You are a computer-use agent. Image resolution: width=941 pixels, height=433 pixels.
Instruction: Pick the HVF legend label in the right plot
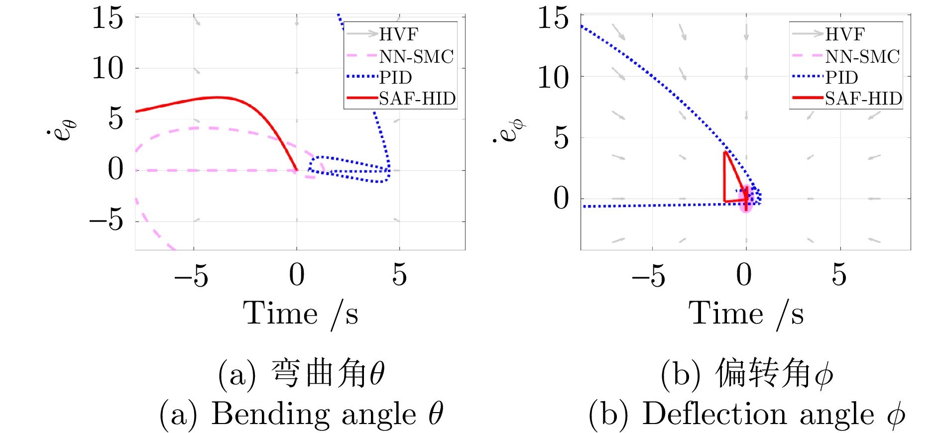pos(844,34)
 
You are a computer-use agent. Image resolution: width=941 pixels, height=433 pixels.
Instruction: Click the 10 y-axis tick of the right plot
pos(553,77)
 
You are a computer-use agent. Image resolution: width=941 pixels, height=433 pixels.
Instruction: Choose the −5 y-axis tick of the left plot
pos(107,219)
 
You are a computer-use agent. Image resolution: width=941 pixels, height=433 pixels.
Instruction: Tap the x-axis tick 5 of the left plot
pos(399,274)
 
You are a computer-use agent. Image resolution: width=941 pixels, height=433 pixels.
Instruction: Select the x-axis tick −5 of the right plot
pos(648,275)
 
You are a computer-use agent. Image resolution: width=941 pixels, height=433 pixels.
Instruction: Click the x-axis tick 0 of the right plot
pos(744,274)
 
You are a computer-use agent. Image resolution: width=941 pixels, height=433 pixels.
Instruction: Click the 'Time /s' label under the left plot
pos(300,314)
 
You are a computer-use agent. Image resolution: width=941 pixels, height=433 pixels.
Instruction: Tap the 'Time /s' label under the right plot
pos(746,314)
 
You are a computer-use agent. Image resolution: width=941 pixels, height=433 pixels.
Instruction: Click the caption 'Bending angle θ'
pos(301,414)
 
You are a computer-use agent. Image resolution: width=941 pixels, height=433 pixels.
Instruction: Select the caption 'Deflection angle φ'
pos(746,414)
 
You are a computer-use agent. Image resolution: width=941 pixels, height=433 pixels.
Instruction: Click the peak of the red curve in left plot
pos(217,98)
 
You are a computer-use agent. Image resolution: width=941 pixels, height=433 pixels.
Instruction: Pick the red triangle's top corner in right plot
pos(725,152)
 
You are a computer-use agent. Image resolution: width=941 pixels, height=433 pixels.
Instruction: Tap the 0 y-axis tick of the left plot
pos(116,169)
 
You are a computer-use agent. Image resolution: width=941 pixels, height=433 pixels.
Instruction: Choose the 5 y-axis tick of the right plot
pos(561,137)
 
